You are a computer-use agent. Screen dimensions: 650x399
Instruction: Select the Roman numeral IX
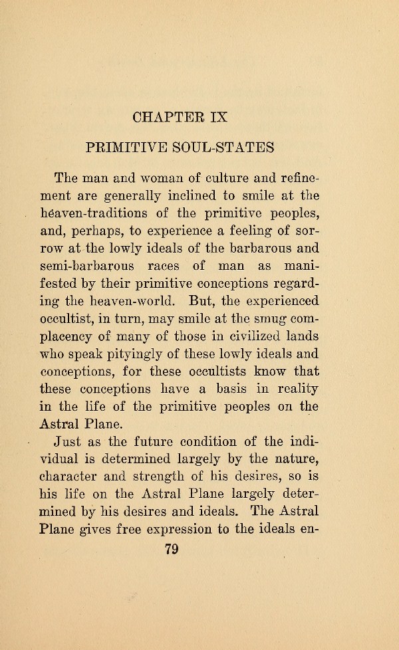click(218, 117)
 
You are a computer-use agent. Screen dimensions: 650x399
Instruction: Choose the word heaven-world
click(128, 300)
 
